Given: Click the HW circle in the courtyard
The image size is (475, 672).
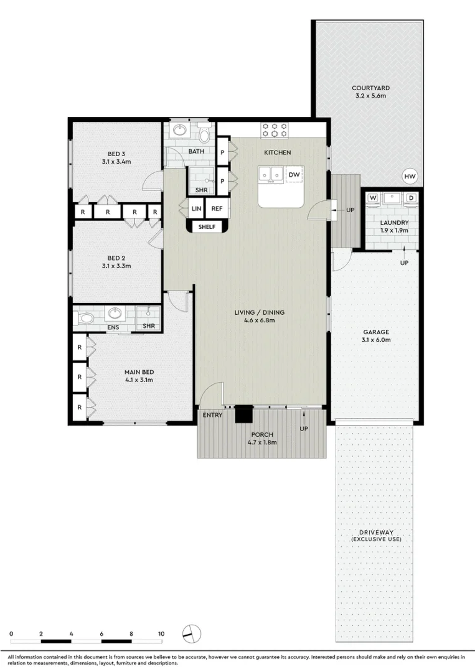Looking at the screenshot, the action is [x=410, y=176].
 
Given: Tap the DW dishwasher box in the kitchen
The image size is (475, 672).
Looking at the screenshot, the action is [x=294, y=174].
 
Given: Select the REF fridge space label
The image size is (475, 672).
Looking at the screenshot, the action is [x=217, y=208].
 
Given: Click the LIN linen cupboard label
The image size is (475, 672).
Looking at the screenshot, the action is [x=196, y=208].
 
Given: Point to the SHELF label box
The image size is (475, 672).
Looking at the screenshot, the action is [x=207, y=226].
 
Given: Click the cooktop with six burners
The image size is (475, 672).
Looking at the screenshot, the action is [x=275, y=130].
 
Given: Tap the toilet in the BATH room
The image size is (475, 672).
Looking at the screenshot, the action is [x=204, y=134].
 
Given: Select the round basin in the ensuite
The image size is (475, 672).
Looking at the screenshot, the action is [x=115, y=313].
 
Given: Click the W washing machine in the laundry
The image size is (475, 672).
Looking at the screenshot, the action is [x=373, y=198].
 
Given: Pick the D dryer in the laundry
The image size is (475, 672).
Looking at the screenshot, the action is [x=411, y=198].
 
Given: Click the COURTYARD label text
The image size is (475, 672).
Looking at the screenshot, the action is [x=371, y=88].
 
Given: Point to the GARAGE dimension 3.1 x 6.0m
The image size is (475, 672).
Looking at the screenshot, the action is [x=376, y=340].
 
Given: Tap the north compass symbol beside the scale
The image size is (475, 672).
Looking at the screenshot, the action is [x=192, y=633].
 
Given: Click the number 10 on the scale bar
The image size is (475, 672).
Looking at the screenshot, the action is [x=161, y=634].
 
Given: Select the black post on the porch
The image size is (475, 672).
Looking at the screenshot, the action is [x=244, y=414].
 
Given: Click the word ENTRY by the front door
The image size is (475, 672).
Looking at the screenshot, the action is [x=213, y=415].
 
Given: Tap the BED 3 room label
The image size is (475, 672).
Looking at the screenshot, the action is [x=116, y=154].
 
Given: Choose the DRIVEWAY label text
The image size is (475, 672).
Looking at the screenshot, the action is [x=377, y=532].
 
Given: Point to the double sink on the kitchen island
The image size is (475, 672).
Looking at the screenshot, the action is [x=271, y=174].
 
